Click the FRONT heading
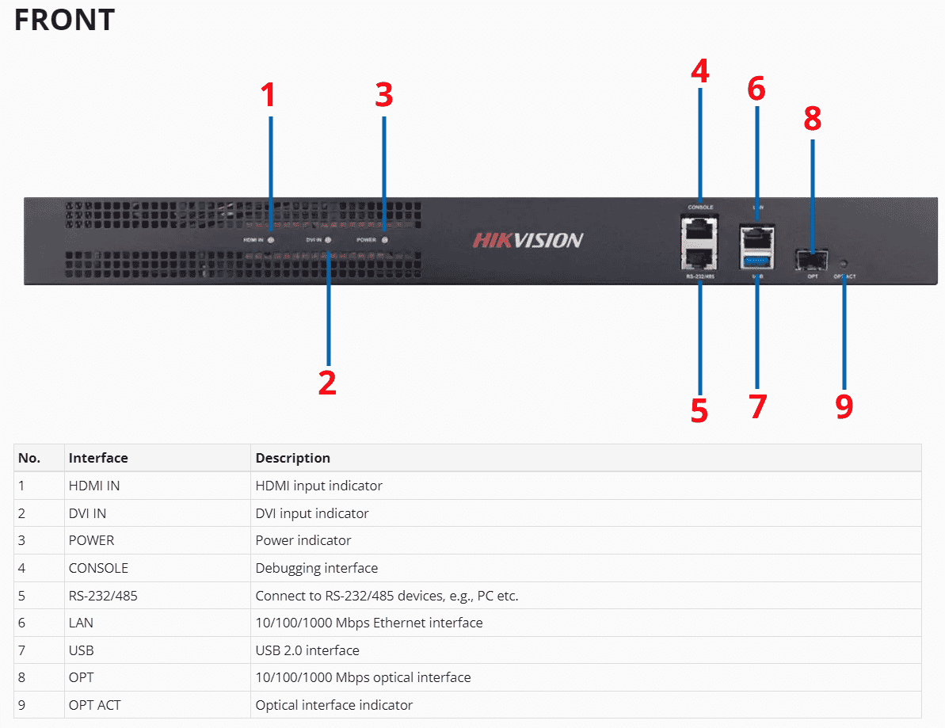click(x=64, y=20)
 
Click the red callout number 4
click(x=699, y=71)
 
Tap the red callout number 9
click(x=844, y=406)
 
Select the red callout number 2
click(x=327, y=382)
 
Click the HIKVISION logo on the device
click(x=528, y=240)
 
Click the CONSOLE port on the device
click(x=699, y=227)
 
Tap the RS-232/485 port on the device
click(x=699, y=257)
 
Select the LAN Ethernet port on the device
click(x=757, y=235)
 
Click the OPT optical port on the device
click(x=813, y=259)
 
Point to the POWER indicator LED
click(x=385, y=239)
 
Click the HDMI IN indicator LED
click(x=271, y=239)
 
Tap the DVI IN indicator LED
click(x=328, y=239)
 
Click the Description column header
click(x=292, y=458)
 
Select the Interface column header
click(x=98, y=458)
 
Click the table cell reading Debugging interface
click(x=316, y=568)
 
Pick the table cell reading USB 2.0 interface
click(x=307, y=650)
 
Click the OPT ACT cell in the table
click(x=94, y=705)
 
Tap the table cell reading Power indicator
click(x=303, y=540)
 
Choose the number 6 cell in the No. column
click(x=22, y=623)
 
